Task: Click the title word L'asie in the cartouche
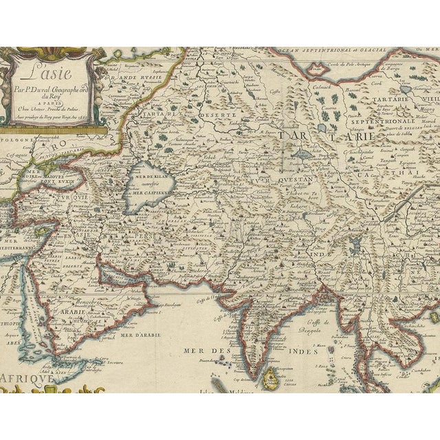(x=47, y=71)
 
